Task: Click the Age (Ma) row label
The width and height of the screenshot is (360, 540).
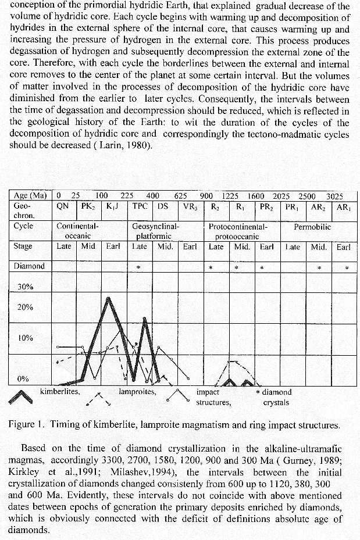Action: tap(30, 196)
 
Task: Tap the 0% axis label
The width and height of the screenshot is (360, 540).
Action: tap(23, 379)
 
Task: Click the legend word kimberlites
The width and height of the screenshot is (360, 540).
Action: tap(60, 392)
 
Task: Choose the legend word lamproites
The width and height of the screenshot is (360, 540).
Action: tap(137, 392)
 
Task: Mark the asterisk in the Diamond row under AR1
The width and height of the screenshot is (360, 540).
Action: tap(347, 269)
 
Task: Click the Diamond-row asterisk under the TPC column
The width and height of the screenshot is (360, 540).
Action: tap(138, 268)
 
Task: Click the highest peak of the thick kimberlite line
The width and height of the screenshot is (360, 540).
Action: tap(108, 299)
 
